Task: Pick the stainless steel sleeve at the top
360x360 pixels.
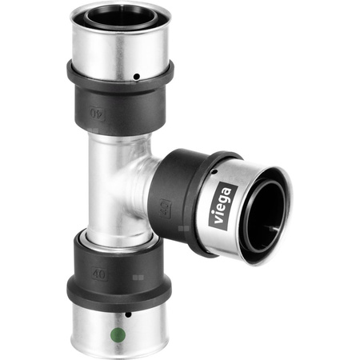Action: pos(120,48)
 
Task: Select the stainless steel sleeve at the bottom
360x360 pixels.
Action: pos(120,324)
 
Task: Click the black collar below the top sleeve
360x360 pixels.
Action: pos(120,100)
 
